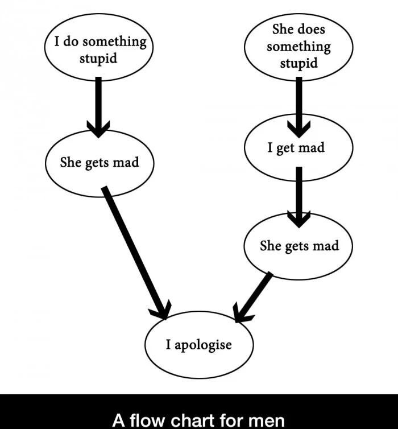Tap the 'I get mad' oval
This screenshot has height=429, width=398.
tap(298, 148)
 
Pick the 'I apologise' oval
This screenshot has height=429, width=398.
tap(199, 345)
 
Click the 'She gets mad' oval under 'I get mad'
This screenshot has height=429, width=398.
tap(298, 246)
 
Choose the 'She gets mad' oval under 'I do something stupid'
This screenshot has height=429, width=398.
tap(100, 163)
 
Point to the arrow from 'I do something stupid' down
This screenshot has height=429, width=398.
tap(98, 105)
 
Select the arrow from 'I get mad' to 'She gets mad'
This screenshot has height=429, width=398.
tap(298, 196)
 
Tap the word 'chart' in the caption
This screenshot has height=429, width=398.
tap(188, 420)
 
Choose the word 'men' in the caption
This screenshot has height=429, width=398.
tap(267, 420)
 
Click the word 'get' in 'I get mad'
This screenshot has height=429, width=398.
tap(285, 148)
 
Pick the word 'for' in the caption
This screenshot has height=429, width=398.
tap(229, 420)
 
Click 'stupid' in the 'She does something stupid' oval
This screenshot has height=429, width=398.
tap(298, 63)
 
